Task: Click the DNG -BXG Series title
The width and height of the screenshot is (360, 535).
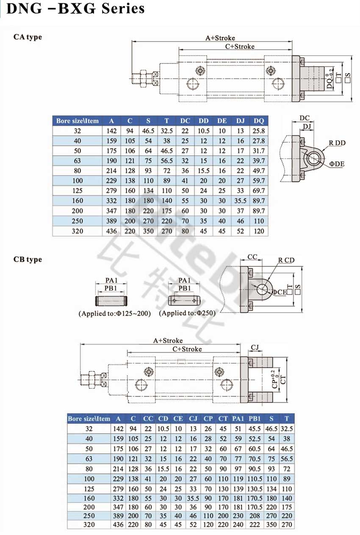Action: click(76, 8)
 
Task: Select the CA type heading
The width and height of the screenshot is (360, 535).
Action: click(28, 37)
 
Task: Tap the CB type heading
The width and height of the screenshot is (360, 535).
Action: click(28, 259)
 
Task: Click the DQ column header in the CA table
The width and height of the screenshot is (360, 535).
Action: click(259, 121)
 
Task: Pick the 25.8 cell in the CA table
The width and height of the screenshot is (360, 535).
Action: click(259, 131)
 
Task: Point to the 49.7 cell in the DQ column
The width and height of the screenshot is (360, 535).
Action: click(259, 171)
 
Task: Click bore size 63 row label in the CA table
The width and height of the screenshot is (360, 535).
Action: click(78, 161)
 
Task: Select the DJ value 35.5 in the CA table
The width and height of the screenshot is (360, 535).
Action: click(241, 201)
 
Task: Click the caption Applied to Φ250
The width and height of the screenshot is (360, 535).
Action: click(187, 313)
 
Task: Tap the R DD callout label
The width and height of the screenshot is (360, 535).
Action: click(337, 143)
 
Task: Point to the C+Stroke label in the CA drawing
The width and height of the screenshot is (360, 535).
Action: click(240, 46)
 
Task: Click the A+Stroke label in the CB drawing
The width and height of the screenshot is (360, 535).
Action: click(168, 341)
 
